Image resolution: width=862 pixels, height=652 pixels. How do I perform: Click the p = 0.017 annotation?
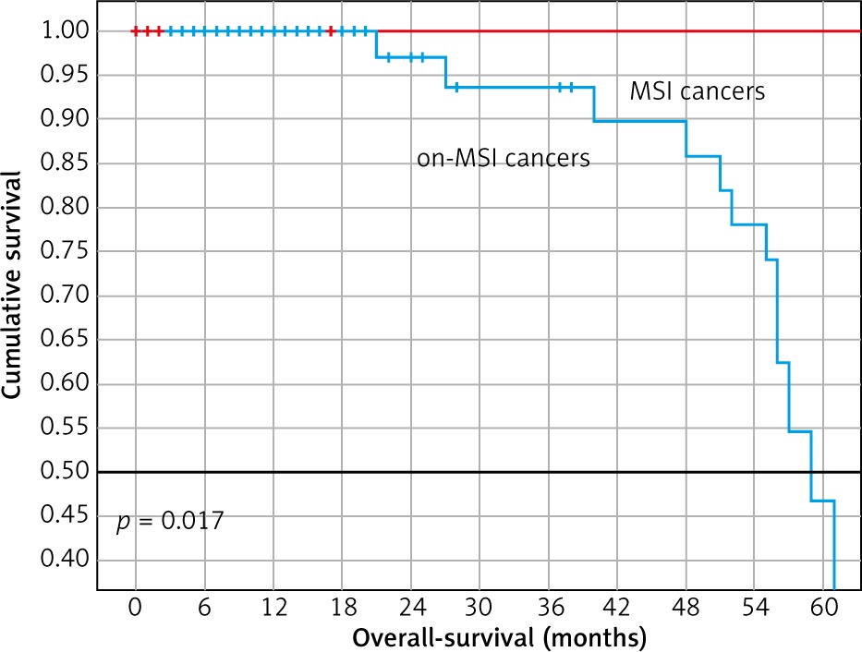click(x=169, y=523)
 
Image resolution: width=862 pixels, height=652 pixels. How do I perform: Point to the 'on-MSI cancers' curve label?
click(x=504, y=159)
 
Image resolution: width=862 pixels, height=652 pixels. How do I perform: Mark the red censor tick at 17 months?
click(x=331, y=31)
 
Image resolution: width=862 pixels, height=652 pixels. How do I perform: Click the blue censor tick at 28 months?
click(x=456, y=88)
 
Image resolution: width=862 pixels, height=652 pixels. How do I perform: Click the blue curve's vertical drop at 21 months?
click(x=376, y=44)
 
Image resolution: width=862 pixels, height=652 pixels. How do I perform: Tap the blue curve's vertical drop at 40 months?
click(x=594, y=104)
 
